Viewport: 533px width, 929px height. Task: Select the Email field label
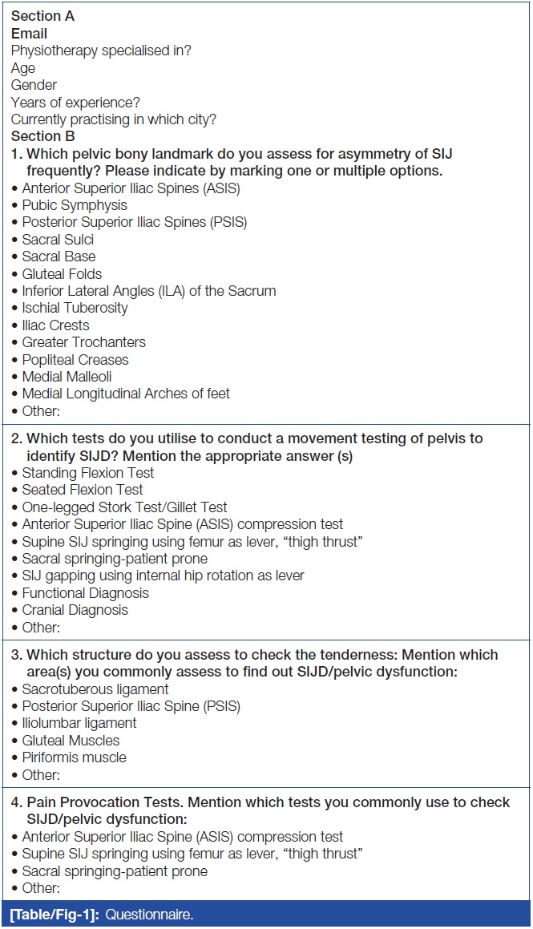pos(29,34)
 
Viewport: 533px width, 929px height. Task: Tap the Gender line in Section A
pos(34,85)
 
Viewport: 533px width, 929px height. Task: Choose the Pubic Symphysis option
pos(75,205)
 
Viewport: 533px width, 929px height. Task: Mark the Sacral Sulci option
pos(58,240)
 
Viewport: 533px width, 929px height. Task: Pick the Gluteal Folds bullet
pos(62,274)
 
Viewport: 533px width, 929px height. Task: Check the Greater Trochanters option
pos(83,342)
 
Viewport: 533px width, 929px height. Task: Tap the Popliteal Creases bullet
pos(75,360)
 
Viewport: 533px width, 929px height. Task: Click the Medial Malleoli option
pos(67,377)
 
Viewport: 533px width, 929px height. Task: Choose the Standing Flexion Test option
pos(88,473)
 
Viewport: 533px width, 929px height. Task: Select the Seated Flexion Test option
pos(83,490)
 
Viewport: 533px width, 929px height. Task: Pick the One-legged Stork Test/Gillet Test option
pos(124,507)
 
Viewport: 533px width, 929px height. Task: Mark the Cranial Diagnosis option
pos(75,610)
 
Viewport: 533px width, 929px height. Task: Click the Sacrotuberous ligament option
pos(95,689)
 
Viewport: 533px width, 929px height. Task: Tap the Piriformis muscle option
pos(74,757)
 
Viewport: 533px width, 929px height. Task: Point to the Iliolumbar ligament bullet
pos(79,723)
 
